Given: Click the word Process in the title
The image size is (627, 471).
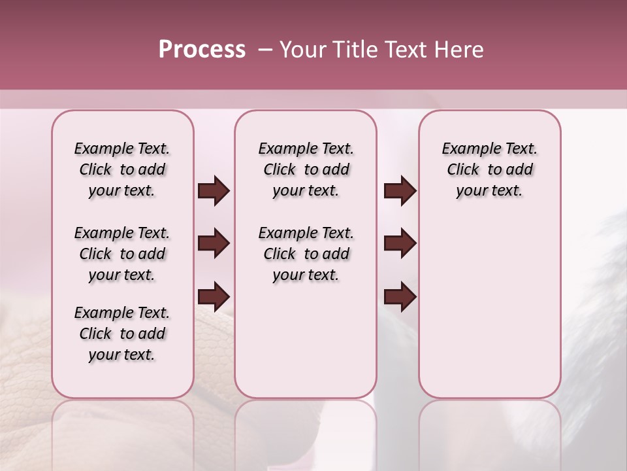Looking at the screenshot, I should [202, 50].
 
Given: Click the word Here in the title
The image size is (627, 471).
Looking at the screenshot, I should [460, 50].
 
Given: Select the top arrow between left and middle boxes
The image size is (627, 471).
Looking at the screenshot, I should [214, 191].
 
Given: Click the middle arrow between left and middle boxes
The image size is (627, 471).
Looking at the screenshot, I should [214, 244].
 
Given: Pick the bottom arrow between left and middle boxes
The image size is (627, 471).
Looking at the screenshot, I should [214, 296].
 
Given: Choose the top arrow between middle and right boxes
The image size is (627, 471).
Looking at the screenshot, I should [400, 191].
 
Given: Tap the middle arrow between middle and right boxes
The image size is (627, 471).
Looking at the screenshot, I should [400, 244].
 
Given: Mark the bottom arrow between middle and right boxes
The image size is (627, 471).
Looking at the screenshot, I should [400, 296].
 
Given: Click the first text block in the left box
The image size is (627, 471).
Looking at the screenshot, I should [122, 169].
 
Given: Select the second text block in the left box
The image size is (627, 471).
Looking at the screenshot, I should [122, 254].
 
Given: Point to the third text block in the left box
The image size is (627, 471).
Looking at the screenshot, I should [122, 334].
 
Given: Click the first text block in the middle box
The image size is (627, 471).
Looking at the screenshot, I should [306, 169].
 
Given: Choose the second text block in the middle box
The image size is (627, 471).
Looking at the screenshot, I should [306, 254].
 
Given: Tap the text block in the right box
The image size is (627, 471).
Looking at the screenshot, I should [490, 169].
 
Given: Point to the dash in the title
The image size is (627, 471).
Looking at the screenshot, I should [265, 50].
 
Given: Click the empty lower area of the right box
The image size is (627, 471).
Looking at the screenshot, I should [490, 314].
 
